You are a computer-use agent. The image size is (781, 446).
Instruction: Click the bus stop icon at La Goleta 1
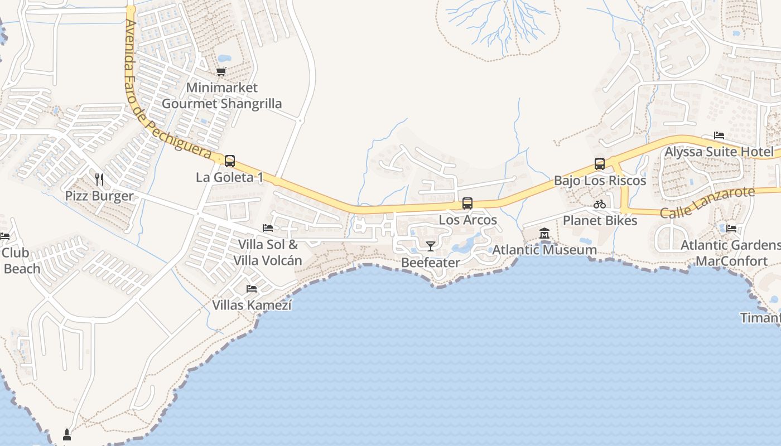click(x=229, y=161)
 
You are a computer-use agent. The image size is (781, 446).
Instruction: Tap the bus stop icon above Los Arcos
click(x=467, y=203)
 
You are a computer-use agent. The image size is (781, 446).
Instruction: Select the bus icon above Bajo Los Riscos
click(x=600, y=164)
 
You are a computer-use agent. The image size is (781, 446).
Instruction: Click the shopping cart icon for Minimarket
click(x=221, y=71)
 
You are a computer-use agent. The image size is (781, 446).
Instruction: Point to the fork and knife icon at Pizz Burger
click(x=99, y=179)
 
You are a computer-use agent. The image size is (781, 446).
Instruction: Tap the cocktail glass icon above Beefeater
click(x=431, y=246)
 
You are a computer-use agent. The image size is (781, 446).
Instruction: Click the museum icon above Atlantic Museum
click(x=544, y=234)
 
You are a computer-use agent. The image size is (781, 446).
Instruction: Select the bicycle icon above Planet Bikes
click(x=600, y=204)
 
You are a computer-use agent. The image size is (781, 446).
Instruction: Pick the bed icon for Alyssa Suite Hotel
click(x=719, y=135)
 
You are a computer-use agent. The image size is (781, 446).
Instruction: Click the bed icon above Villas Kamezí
click(x=252, y=289)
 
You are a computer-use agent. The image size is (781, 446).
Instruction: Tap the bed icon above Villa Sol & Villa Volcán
click(x=268, y=228)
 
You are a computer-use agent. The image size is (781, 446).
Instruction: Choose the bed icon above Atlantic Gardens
click(x=731, y=229)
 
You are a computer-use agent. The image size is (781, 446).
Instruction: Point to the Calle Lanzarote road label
click(x=707, y=203)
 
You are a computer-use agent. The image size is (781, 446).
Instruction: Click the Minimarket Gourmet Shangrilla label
click(x=221, y=95)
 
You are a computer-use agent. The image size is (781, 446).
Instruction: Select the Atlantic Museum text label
click(x=544, y=250)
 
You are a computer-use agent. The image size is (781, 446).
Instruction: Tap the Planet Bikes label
click(x=600, y=220)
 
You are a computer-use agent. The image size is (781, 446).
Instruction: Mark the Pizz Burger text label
click(x=99, y=196)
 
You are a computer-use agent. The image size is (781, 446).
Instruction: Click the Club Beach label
click(x=21, y=260)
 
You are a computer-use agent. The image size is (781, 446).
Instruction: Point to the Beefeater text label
click(x=431, y=262)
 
